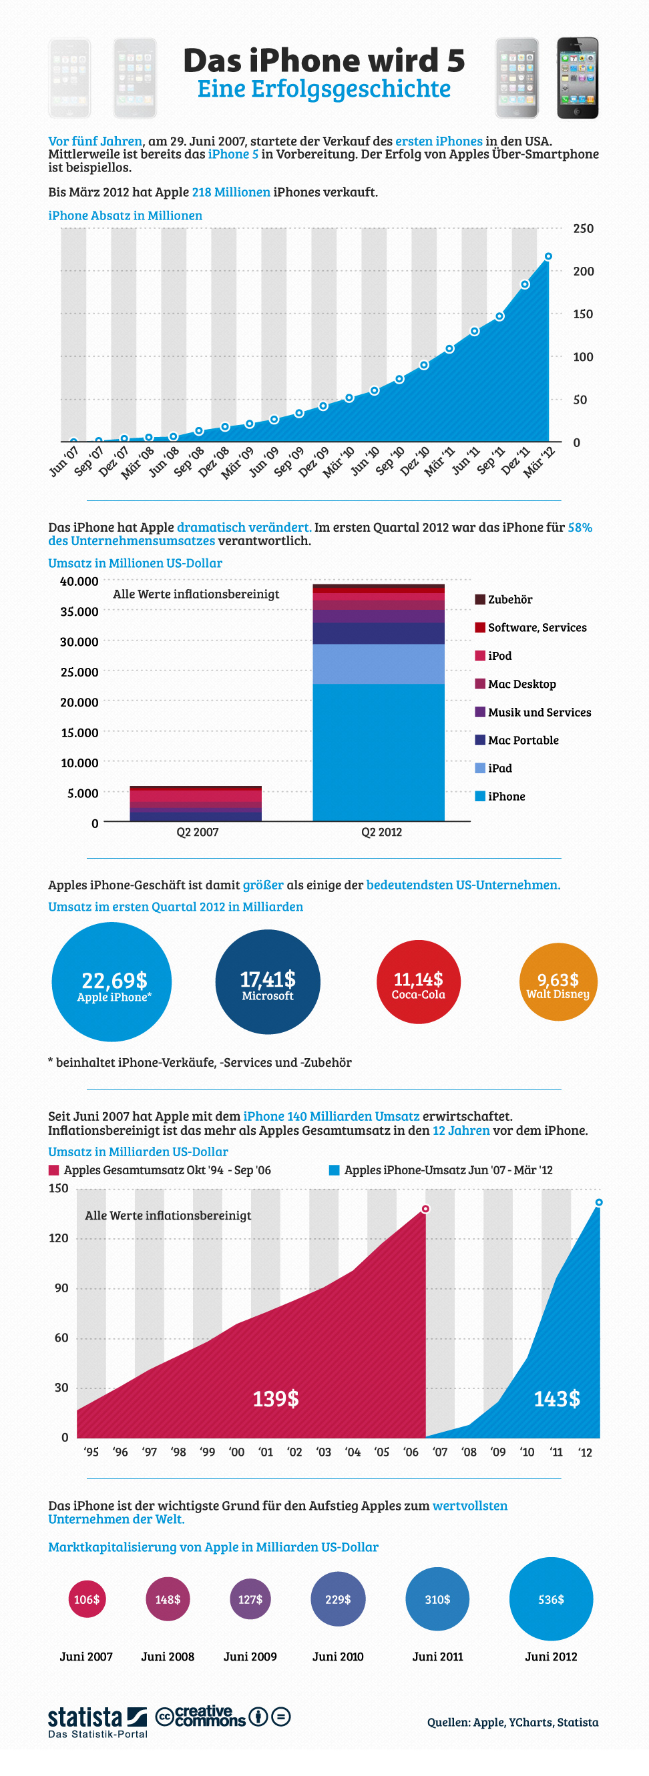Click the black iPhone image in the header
[578, 78]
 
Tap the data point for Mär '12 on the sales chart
[548, 256]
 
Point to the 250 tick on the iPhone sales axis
[583, 228]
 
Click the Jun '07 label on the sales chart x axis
[64, 461]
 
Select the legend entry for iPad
[493, 768]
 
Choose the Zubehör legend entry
[503, 599]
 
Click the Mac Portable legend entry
[517, 740]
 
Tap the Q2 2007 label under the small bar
[197, 831]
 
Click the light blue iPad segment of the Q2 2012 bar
[379, 663]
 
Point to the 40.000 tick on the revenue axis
[79, 581]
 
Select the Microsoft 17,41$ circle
[268, 982]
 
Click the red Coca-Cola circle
[419, 982]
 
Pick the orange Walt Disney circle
[558, 982]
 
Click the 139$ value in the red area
[276, 1398]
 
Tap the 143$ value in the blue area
[557, 1398]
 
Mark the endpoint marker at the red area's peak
[425, 1209]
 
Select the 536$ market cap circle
[551, 1599]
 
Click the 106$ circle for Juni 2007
[87, 1599]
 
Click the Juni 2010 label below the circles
[338, 1656]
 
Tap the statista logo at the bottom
[97, 1721]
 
